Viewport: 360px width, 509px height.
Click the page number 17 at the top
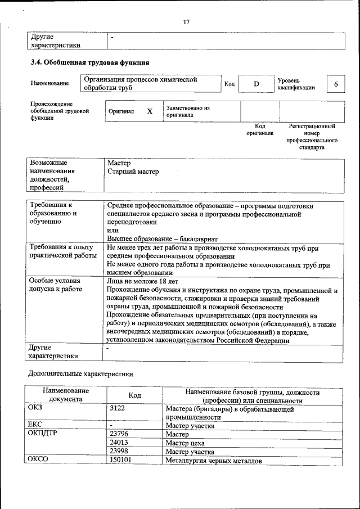coord(186,22)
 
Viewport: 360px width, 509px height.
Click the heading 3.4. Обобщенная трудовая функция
coord(89,62)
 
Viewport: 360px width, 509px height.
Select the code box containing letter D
coord(256,84)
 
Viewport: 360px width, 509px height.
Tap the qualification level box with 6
coord(336,84)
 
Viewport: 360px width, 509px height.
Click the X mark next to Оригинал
coord(150,111)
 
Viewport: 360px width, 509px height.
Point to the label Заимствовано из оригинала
coord(187,111)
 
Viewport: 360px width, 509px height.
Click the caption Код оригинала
coord(259,129)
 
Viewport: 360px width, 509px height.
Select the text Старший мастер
coord(133,172)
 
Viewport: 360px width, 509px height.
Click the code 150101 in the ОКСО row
coord(121,460)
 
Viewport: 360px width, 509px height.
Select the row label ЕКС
coord(35,425)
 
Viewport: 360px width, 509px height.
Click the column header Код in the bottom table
coord(134,395)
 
